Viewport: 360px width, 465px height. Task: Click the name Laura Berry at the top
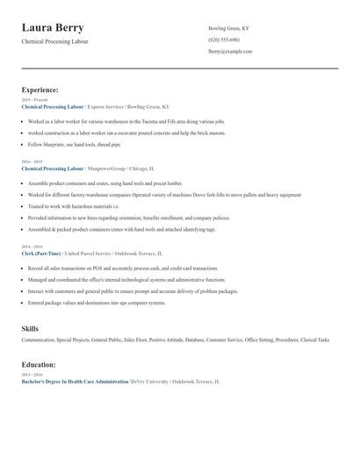[x=60, y=28]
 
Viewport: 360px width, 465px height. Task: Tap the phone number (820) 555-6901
[x=224, y=40]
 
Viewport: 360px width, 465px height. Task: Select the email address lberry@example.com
[x=230, y=52]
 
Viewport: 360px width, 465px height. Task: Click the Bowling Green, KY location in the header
[x=229, y=29]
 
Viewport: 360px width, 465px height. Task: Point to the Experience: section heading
[x=40, y=89]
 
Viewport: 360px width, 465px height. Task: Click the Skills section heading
[x=30, y=328]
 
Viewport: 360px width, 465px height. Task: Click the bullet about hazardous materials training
[x=78, y=205]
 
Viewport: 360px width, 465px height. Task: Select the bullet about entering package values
[x=97, y=303]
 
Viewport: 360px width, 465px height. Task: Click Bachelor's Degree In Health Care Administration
[x=75, y=382]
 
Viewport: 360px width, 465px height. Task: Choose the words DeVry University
[x=150, y=382]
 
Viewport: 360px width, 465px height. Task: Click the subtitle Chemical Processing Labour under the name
[x=54, y=41]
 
